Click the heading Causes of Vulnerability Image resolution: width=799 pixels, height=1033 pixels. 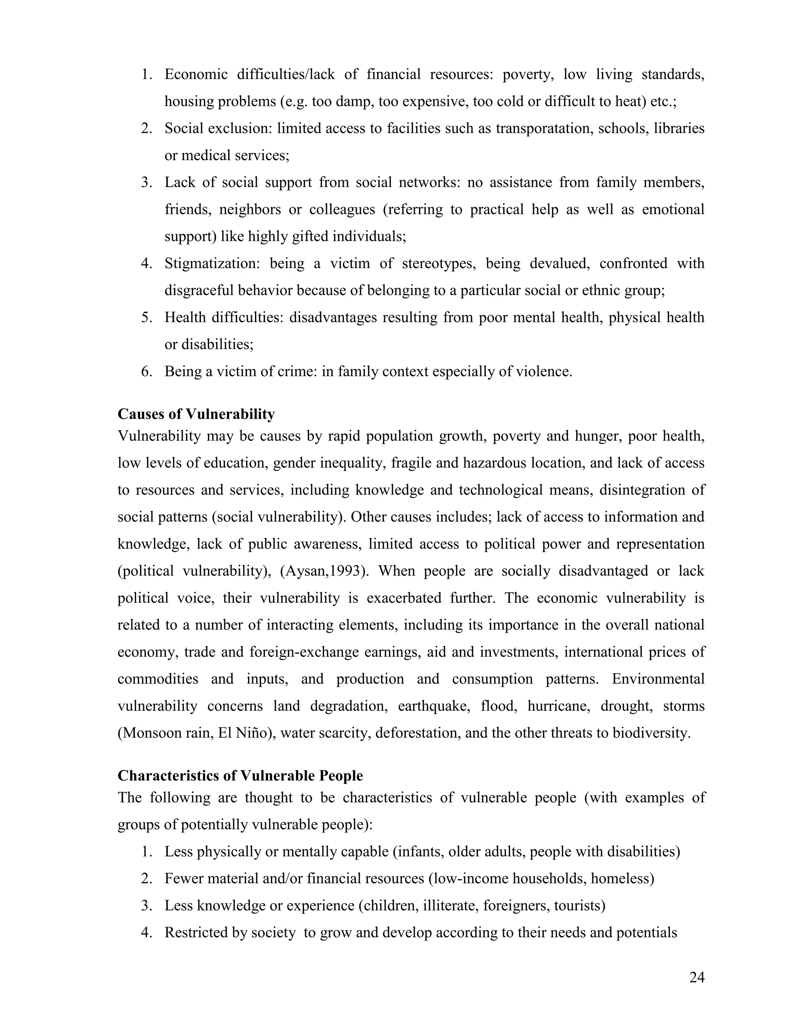[x=196, y=414]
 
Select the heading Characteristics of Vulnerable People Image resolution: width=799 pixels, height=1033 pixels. [x=240, y=776]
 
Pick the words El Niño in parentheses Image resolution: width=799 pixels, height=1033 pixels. [x=245, y=733]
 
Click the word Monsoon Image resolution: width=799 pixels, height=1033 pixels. [x=151, y=733]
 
